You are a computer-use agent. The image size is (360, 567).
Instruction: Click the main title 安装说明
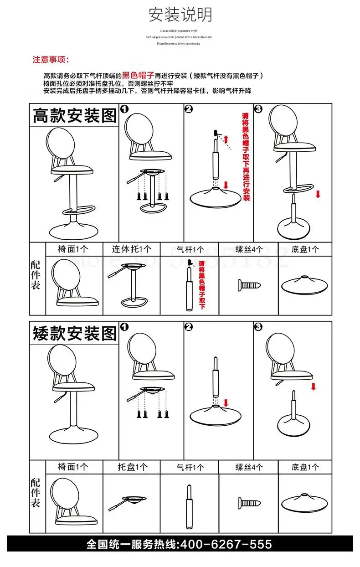pos(180,15)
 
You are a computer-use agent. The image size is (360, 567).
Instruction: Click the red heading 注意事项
pos(51,60)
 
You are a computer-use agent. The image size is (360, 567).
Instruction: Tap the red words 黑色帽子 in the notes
pos(138,75)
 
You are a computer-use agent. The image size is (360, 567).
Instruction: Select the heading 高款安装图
pos(74,115)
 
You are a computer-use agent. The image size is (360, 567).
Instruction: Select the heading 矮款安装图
pos(74,333)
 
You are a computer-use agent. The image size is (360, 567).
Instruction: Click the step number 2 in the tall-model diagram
pos(189,109)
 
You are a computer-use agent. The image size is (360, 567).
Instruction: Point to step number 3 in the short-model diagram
pos(258,327)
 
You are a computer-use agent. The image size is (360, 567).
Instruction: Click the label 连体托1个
pos(132,249)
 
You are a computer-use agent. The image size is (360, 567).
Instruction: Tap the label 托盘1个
pos(132,467)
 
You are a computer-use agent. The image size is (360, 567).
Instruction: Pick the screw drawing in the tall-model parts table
pos(249,286)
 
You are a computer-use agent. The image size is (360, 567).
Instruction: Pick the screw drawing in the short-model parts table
pos(249,503)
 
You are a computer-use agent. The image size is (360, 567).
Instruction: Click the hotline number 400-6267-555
pos(226,544)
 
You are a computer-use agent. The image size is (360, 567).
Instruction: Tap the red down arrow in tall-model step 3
pos(318,194)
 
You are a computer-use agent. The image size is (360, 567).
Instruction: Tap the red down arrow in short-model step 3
pos(313,387)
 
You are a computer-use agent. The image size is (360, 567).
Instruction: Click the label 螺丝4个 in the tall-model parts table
pos(249,249)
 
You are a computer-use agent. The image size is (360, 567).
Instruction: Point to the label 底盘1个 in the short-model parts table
pos(305,467)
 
